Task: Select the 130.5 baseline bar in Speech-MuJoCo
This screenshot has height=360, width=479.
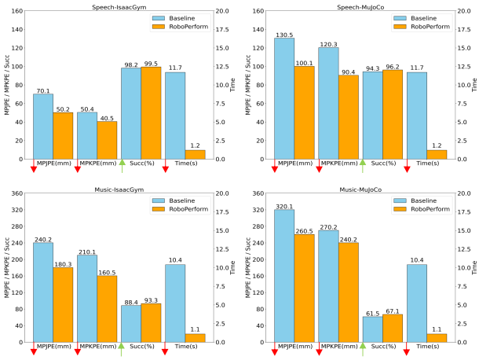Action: coord(283,98)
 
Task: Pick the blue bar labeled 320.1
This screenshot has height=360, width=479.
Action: coord(283,276)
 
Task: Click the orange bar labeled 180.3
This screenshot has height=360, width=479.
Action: coord(63,305)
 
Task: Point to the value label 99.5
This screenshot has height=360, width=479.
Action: coord(152,64)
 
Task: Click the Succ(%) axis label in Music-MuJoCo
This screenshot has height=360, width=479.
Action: coord(382,347)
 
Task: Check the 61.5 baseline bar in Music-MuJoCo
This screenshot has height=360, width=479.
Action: coord(371,329)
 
